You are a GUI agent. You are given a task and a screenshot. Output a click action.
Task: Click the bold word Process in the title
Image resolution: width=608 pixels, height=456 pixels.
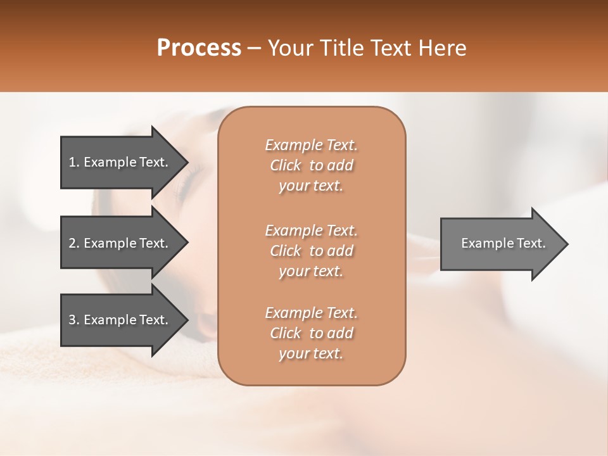[x=199, y=48]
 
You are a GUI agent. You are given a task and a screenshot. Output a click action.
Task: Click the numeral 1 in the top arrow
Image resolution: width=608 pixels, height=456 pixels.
[x=72, y=162]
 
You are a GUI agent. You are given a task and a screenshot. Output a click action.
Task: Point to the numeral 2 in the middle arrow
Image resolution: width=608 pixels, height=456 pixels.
[x=72, y=243]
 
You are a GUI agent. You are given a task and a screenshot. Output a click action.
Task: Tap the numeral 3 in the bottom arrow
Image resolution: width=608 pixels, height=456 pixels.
[x=72, y=320]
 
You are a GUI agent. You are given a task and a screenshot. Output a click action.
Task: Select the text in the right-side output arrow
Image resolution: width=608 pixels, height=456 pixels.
[x=503, y=243]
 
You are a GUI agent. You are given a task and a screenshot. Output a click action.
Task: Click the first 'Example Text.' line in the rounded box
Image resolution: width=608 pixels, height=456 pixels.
[x=311, y=145]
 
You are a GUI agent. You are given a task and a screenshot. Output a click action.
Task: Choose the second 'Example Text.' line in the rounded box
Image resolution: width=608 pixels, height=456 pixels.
[x=311, y=231]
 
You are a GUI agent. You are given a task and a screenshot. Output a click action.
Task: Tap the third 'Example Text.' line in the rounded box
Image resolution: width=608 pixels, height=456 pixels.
[x=311, y=313]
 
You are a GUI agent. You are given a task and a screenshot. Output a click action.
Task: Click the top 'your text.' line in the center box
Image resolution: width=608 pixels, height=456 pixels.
[x=311, y=186]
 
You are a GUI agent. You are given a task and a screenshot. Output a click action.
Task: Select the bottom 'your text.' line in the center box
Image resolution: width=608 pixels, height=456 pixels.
[x=311, y=354]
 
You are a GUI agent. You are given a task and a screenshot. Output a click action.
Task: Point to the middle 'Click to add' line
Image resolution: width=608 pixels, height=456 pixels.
[x=311, y=251]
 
